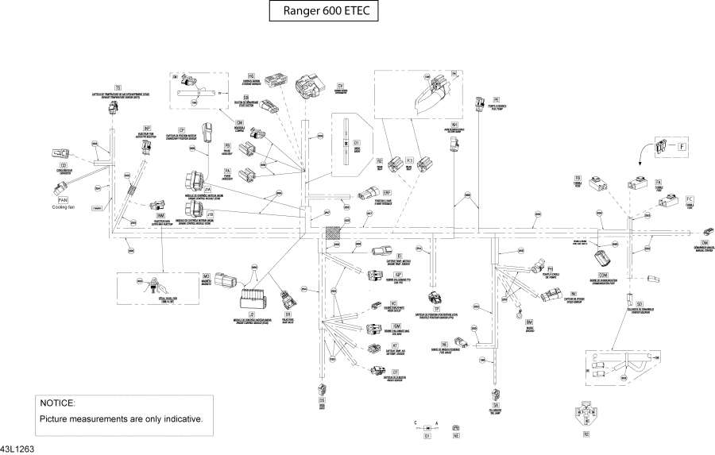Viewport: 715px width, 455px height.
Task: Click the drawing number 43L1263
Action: (x=17, y=449)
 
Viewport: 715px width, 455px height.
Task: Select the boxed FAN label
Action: (x=63, y=200)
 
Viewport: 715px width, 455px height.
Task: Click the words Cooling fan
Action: (x=64, y=207)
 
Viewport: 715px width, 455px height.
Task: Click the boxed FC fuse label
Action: (x=690, y=198)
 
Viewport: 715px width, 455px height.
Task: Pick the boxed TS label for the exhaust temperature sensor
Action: (x=118, y=87)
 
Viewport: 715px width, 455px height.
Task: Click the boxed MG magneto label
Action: (x=206, y=276)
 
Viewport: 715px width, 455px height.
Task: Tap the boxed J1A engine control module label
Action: (x=207, y=190)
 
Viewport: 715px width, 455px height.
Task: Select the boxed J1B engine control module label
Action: (x=210, y=214)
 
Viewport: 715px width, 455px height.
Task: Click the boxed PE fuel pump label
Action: (x=497, y=99)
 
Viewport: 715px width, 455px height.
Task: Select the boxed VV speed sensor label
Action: (x=574, y=294)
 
